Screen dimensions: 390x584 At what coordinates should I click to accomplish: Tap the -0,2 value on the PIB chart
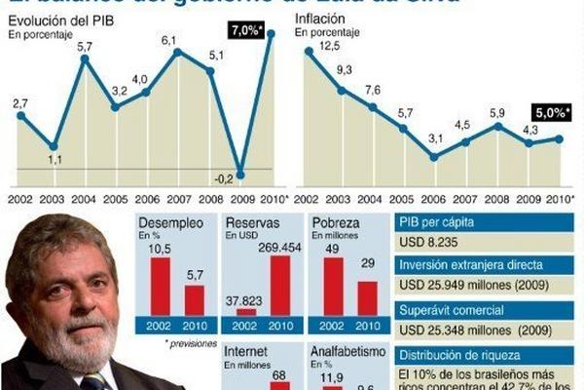[225, 177]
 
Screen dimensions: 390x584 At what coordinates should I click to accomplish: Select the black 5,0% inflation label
[550, 114]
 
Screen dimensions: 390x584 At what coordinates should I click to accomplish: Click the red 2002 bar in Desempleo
[160, 286]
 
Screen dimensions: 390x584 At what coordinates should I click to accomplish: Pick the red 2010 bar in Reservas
[281, 286]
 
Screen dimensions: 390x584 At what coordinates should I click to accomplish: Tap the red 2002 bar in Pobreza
[333, 286]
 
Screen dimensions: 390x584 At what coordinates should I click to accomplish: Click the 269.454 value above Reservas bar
[281, 246]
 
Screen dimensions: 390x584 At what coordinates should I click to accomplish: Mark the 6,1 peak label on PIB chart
[169, 40]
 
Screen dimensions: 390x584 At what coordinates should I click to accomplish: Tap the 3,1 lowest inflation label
[435, 140]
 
